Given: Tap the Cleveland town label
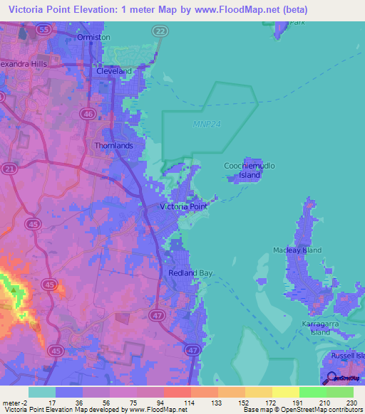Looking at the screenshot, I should [115, 72].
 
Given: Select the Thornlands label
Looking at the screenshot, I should [114, 145].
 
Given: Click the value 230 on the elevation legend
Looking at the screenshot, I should [350, 403].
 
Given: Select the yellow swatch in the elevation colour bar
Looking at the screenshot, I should [285, 392].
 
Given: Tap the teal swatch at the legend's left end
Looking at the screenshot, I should [41, 392].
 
